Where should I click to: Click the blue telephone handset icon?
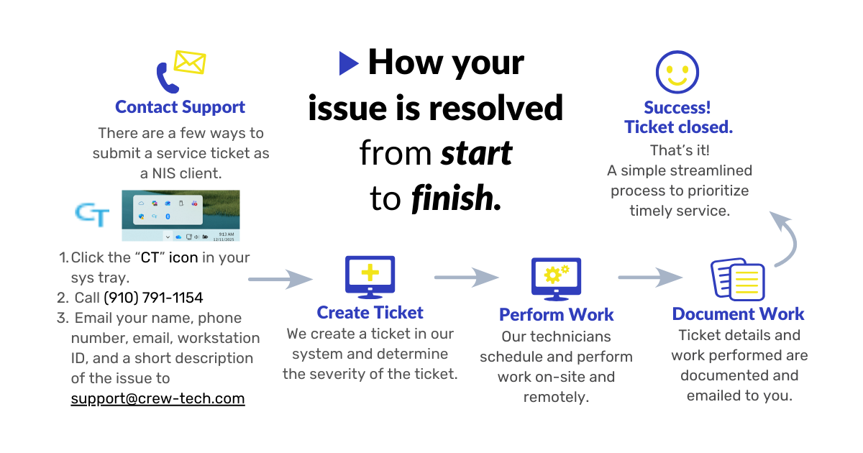point(167,78)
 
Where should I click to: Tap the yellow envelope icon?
point(190,63)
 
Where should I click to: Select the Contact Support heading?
point(181,107)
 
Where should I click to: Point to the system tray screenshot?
point(181,215)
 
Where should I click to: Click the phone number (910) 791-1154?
point(153,298)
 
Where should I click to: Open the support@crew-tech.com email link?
point(157,398)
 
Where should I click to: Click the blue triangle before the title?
point(349,63)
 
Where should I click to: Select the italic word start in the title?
point(476,152)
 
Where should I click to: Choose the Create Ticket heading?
point(370,313)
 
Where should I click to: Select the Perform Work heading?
point(556,315)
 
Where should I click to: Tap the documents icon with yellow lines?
point(737,279)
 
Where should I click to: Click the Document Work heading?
point(738,314)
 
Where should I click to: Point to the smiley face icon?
point(677,72)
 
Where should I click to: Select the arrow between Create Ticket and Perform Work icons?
point(466,277)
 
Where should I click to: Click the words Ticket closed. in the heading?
point(678,127)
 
